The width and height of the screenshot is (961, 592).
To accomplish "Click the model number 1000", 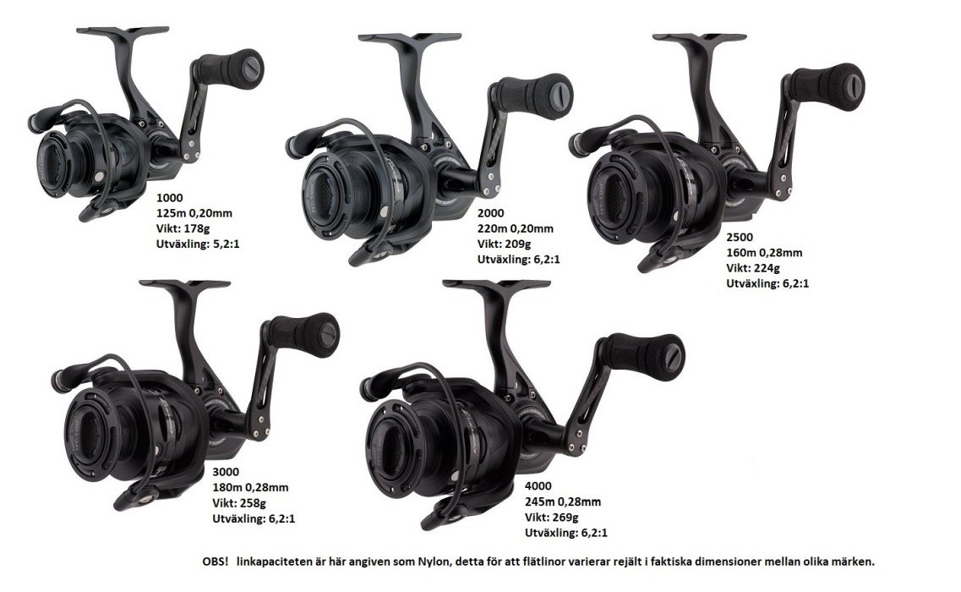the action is coord(170,198).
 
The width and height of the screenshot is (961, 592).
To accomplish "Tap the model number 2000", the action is coord(491,213).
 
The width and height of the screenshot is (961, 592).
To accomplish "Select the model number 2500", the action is coord(740,238).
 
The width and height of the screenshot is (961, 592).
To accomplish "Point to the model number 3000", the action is coord(227,473).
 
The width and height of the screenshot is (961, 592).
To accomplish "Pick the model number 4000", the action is coord(538,486).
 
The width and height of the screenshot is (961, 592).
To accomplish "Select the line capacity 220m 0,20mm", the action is coord(516,229).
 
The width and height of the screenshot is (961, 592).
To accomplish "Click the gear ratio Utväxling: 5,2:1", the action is coord(198,244).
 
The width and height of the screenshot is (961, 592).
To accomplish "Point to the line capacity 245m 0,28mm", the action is coord(563,502).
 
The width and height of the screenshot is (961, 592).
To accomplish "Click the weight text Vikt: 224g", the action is coord(753,268).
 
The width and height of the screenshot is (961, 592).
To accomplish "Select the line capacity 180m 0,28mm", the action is coord(250,488).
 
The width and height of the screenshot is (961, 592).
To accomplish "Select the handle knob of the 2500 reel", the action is coord(827,87).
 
